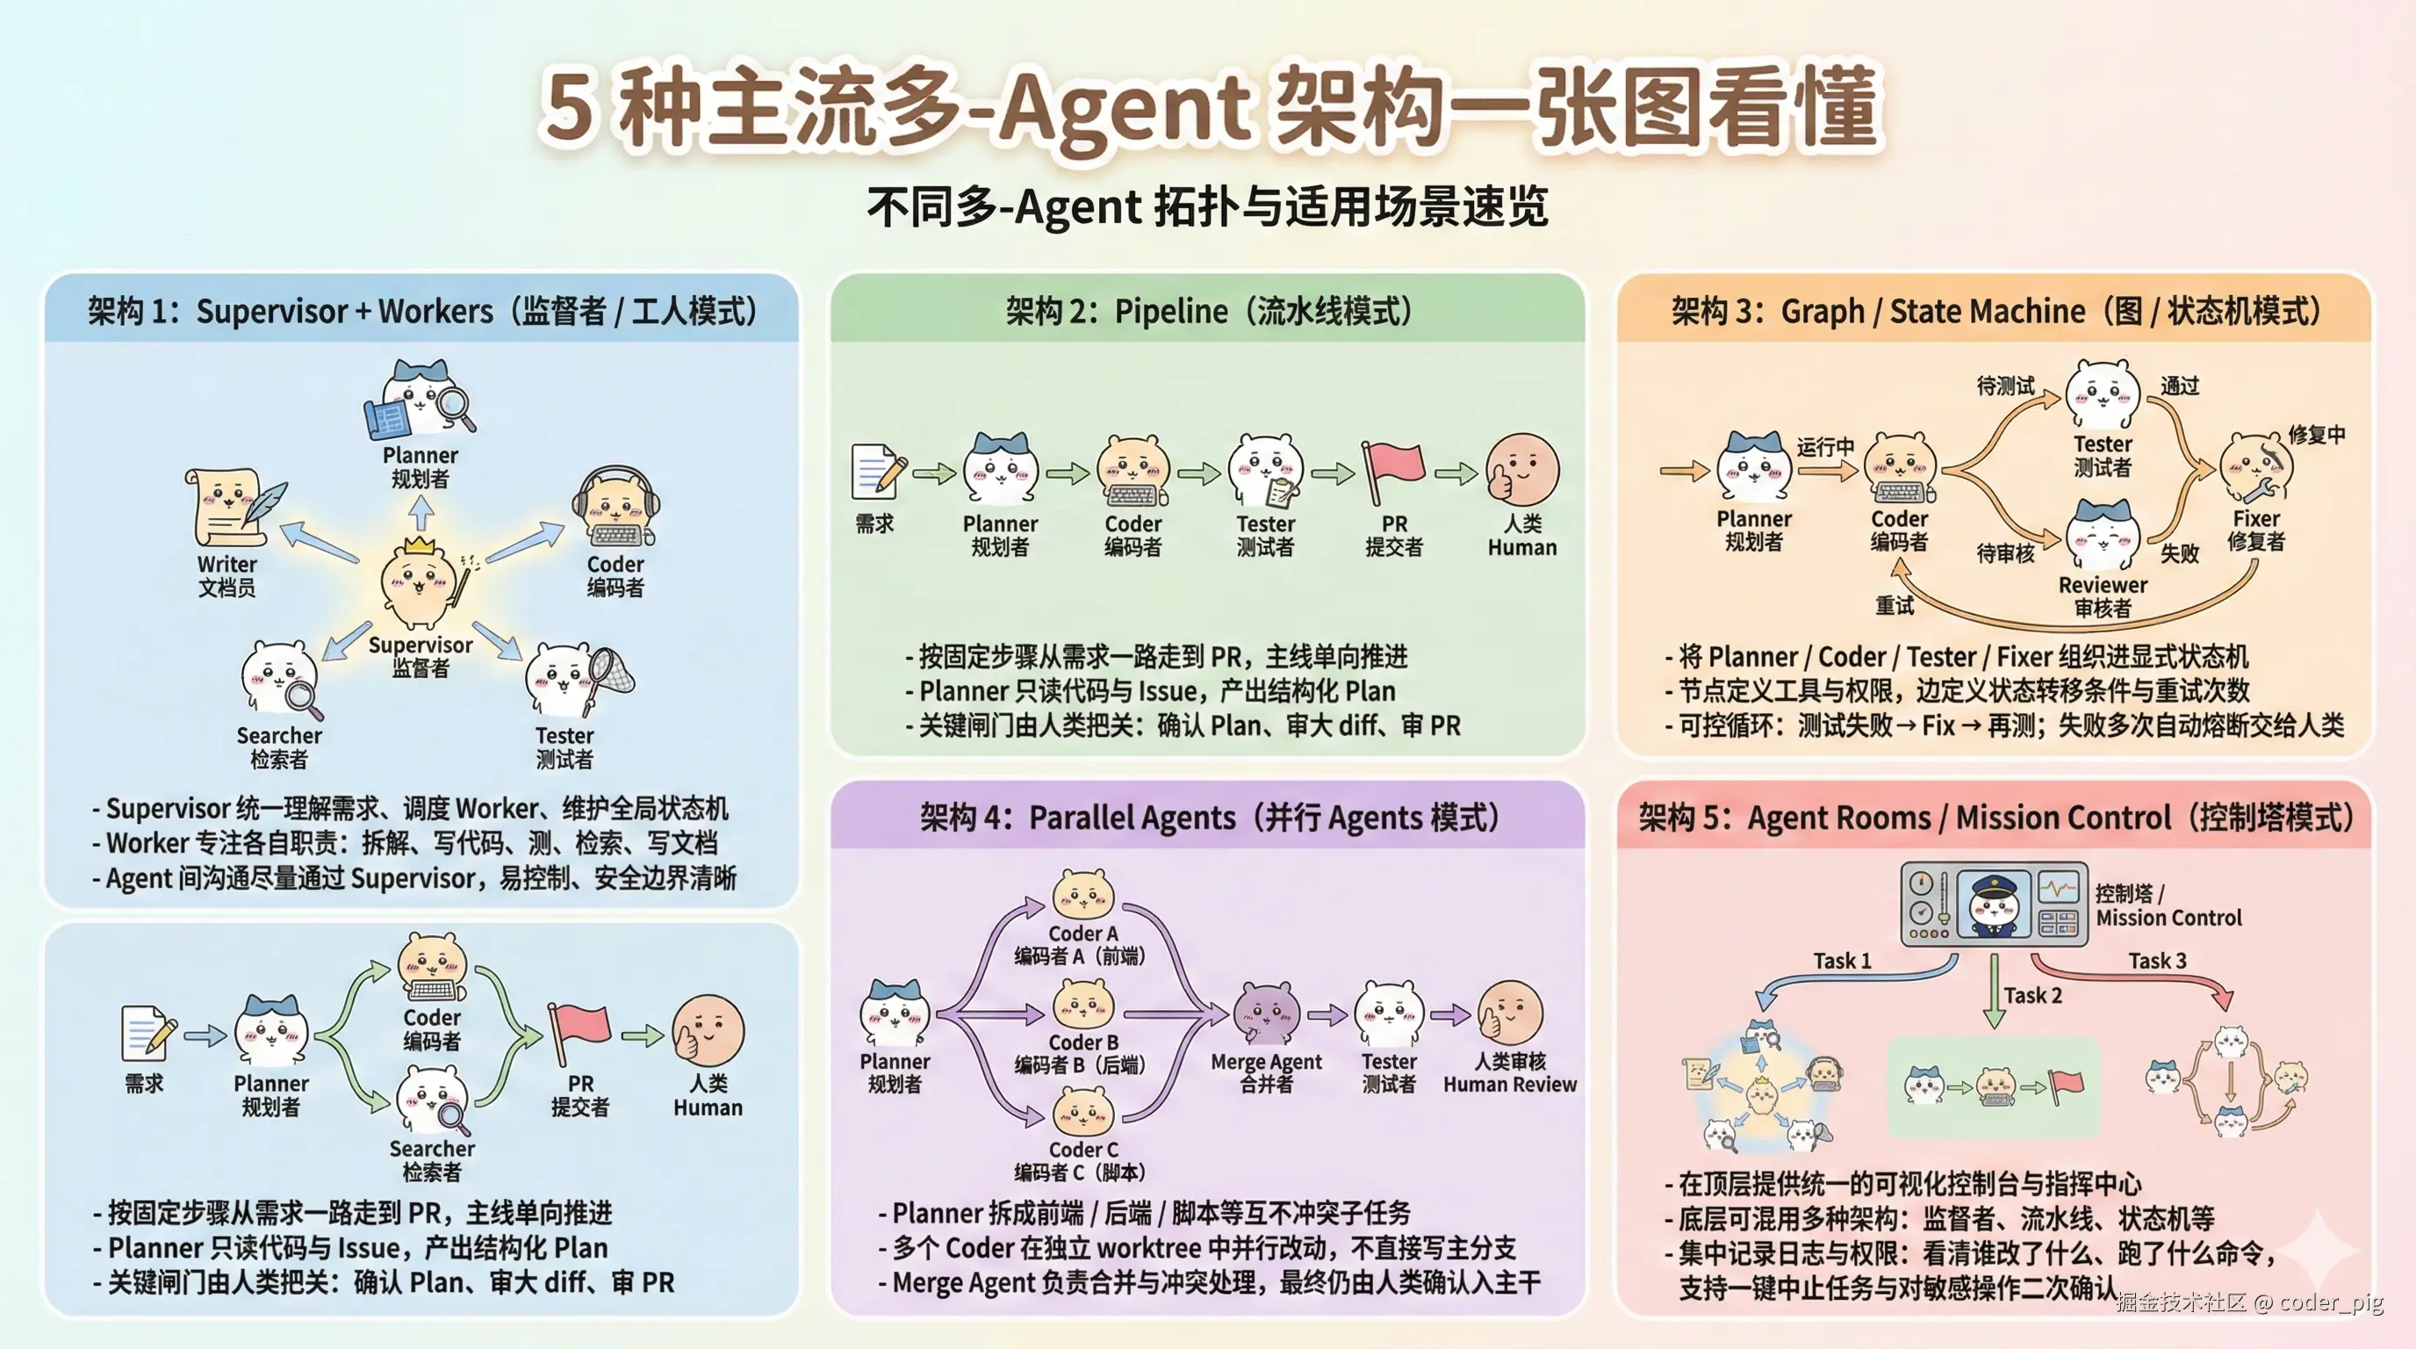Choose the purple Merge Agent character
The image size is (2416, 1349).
[x=1266, y=1014]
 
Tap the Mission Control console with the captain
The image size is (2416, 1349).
[x=1994, y=904]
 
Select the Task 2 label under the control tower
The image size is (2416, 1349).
[x=2032, y=995]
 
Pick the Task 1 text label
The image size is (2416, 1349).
[x=1842, y=961]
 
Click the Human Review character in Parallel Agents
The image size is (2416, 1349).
[x=1509, y=1014]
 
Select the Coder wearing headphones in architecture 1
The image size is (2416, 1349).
[x=616, y=511]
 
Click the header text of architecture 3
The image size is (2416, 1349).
[x=1995, y=311]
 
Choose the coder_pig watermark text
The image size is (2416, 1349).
[x=2331, y=1302]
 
